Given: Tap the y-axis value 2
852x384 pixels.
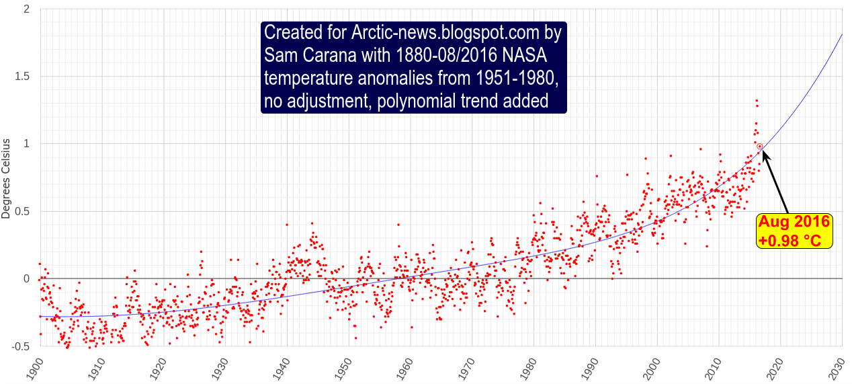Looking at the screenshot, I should (x=27, y=9).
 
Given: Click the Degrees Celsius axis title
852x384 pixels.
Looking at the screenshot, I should (x=7, y=178).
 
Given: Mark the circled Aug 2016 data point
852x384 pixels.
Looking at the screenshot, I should (x=759, y=146).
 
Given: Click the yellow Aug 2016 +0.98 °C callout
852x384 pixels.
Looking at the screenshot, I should (x=795, y=231).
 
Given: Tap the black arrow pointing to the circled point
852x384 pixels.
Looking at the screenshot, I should (x=776, y=182).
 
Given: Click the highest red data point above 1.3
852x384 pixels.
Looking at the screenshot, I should (x=756, y=101).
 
